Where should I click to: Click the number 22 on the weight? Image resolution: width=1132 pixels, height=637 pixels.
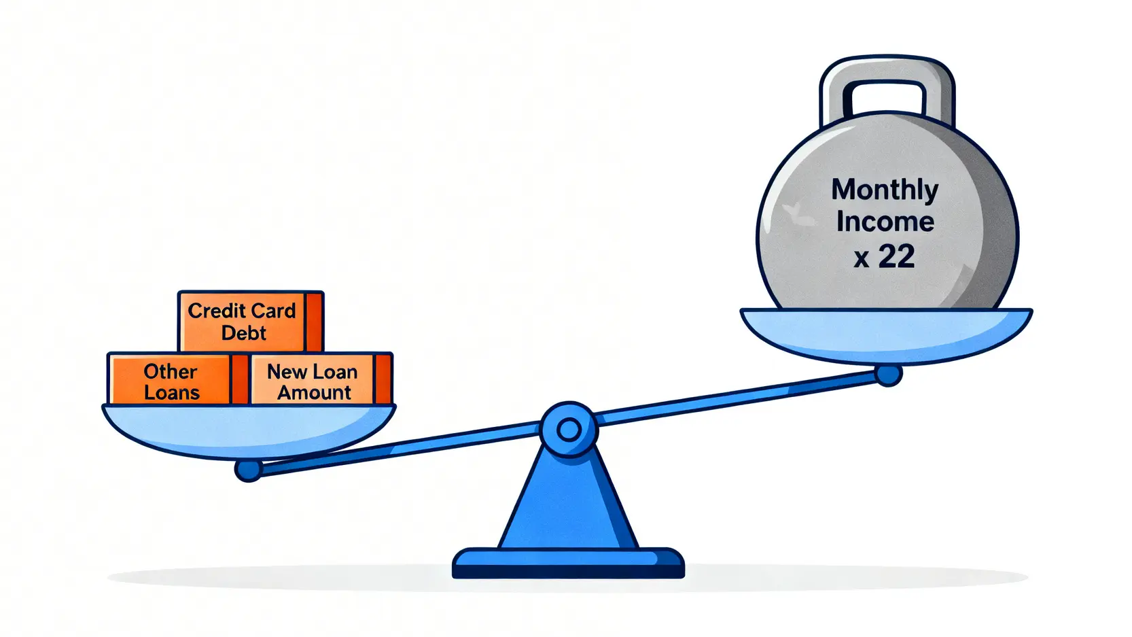(896, 257)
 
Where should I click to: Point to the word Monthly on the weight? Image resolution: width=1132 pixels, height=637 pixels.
(885, 190)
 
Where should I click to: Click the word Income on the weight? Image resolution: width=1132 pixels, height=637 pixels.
(885, 222)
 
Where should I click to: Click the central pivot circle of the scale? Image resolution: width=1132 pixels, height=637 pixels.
(569, 430)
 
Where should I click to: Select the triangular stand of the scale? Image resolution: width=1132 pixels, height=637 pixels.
(568, 503)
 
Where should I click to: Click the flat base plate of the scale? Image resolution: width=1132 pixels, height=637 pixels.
(568, 564)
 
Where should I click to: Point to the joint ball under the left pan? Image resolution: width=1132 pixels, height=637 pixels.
(248, 470)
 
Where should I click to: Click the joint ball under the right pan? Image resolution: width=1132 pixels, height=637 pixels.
(888, 375)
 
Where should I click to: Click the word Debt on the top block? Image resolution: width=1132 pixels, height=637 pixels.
(243, 333)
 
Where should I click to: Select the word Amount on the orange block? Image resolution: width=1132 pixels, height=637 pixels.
(314, 393)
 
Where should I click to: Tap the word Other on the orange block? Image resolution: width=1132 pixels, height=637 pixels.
(170, 372)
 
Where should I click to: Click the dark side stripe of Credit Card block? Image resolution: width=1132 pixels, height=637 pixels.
(314, 321)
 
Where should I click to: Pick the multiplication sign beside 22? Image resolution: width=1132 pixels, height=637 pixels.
(862, 259)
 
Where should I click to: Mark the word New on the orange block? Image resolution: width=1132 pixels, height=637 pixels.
(287, 372)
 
